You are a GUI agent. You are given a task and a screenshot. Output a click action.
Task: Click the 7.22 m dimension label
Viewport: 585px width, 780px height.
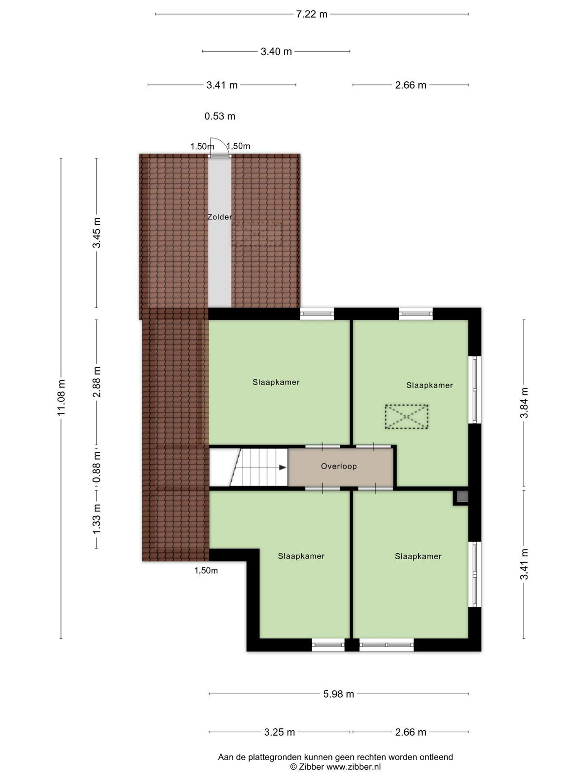coord(311,14)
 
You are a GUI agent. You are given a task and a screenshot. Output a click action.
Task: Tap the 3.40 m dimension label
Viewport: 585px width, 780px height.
coord(276,52)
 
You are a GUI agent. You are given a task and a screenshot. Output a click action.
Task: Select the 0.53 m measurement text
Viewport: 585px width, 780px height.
coord(219,116)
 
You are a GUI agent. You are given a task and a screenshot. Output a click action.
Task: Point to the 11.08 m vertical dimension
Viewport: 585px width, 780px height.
coord(61,397)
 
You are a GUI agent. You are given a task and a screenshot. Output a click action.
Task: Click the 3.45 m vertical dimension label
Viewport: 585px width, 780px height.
coord(97,233)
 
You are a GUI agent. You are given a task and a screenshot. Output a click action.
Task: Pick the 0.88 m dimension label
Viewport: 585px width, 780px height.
coord(97,467)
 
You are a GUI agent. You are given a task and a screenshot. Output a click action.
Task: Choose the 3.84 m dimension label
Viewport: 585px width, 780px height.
coord(524,403)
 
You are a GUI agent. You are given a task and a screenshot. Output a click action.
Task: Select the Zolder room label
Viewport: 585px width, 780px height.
coord(219,217)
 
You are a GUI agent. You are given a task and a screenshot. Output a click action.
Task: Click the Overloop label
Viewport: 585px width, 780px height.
coord(339,466)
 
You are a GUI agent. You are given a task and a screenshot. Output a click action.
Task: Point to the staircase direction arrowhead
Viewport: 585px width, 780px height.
coord(283,468)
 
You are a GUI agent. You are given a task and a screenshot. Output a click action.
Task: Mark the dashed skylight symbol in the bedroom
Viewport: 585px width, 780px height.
coord(407,416)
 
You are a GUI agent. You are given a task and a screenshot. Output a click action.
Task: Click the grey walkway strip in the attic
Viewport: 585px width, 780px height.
coord(219,233)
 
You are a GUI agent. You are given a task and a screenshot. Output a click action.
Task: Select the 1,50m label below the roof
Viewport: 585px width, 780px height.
coord(206,571)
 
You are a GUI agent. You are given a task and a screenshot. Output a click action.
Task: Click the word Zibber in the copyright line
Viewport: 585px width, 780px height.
coord(311,767)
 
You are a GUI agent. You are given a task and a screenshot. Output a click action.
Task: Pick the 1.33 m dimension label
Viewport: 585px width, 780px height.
coord(97,519)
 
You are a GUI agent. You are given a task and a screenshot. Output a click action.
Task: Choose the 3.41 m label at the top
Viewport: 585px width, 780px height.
coord(222,85)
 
